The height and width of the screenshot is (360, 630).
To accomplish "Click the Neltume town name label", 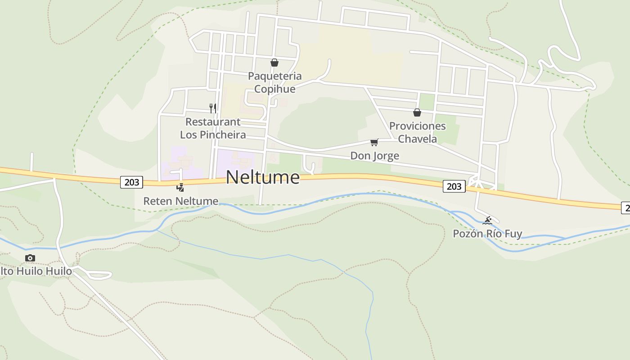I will (x=262, y=177).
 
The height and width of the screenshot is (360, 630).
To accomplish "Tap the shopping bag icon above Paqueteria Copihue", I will (x=274, y=63).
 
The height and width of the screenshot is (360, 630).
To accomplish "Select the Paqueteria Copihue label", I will (x=274, y=82).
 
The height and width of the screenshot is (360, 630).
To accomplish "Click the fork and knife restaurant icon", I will (x=213, y=108).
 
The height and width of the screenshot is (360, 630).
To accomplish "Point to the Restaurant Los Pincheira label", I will (x=213, y=128).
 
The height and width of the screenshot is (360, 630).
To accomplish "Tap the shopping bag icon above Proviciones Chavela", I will (x=417, y=112).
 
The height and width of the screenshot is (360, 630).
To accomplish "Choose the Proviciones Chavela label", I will (x=417, y=132).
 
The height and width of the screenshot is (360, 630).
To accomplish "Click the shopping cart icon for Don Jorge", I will (x=374, y=143).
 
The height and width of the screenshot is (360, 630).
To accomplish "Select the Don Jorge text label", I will (x=374, y=156).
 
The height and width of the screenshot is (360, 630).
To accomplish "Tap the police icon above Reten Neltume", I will (x=180, y=187).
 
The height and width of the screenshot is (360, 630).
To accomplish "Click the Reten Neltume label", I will (x=180, y=201).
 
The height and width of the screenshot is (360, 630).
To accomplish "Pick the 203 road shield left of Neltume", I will (x=131, y=182).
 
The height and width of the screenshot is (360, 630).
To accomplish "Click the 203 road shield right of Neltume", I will (x=454, y=186).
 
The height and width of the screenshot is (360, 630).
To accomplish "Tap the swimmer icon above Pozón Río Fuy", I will (x=487, y=220).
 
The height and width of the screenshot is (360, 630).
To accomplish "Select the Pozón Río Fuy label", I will (x=487, y=234).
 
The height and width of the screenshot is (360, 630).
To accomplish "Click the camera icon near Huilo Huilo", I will (x=30, y=258).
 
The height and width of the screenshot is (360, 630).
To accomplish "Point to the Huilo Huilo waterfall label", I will (x=36, y=271).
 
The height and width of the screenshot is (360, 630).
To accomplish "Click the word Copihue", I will (x=274, y=89).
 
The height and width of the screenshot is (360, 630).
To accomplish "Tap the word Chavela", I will (x=417, y=139).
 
